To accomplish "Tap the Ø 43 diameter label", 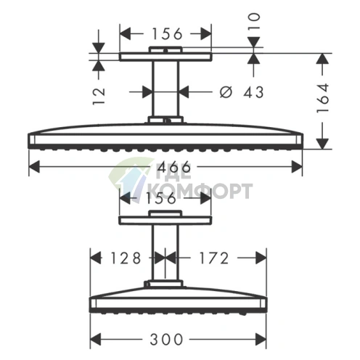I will click(240, 92).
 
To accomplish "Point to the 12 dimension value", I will click(99, 91).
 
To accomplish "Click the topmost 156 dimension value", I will click(165, 33).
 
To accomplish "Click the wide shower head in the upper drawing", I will click(165, 139).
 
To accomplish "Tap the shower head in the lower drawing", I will click(174, 304).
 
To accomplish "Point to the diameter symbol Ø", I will click(225, 92).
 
